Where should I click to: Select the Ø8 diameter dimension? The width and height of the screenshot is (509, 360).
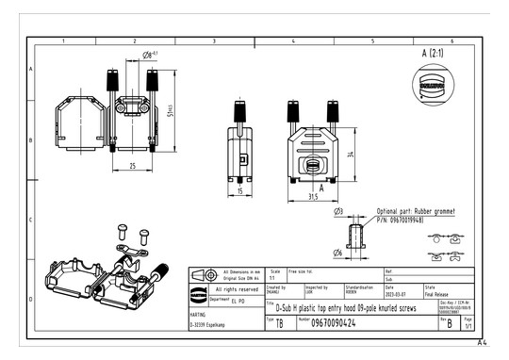pos(149,56)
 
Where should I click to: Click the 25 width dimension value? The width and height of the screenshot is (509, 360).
pos(132,166)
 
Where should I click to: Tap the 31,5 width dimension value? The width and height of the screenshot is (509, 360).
pos(312,197)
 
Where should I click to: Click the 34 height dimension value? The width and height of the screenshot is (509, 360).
pos(351,154)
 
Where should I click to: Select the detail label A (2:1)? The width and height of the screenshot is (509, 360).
pos(433,53)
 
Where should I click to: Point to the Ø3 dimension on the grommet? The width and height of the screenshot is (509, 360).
pos(338,212)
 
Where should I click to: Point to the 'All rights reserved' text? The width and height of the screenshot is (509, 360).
pos(236,289)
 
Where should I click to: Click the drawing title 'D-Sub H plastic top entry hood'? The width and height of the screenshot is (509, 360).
pos(346,307)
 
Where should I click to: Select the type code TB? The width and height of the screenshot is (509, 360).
pos(279,323)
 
